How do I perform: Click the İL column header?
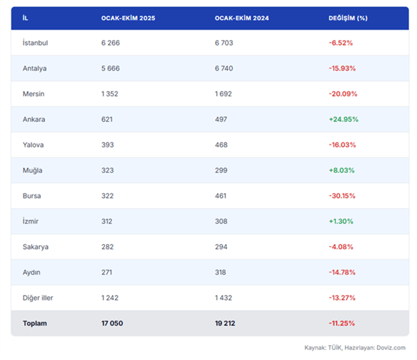click(x=25, y=18)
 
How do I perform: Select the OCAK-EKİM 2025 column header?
click(x=128, y=18)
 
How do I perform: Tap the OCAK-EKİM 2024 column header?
click(x=242, y=18)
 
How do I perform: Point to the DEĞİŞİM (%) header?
click(x=348, y=18)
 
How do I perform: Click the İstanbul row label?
click(x=35, y=42)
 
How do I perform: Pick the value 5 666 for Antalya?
click(x=110, y=68)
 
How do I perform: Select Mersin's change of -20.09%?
click(x=343, y=94)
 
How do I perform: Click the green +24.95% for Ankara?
click(x=343, y=119)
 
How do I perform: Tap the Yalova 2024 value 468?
click(x=221, y=145)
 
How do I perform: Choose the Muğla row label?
click(x=33, y=170)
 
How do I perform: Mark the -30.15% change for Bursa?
click(x=342, y=196)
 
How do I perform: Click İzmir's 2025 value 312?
click(x=106, y=221)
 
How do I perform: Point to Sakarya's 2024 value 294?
click(x=221, y=247)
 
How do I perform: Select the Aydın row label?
click(x=32, y=272)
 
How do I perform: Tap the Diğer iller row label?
click(x=38, y=298)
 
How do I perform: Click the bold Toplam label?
click(x=35, y=324)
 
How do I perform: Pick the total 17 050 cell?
click(x=112, y=323)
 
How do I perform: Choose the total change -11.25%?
click(x=342, y=323)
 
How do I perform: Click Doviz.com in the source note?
click(x=391, y=348)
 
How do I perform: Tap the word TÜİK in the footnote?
click(x=335, y=348)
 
